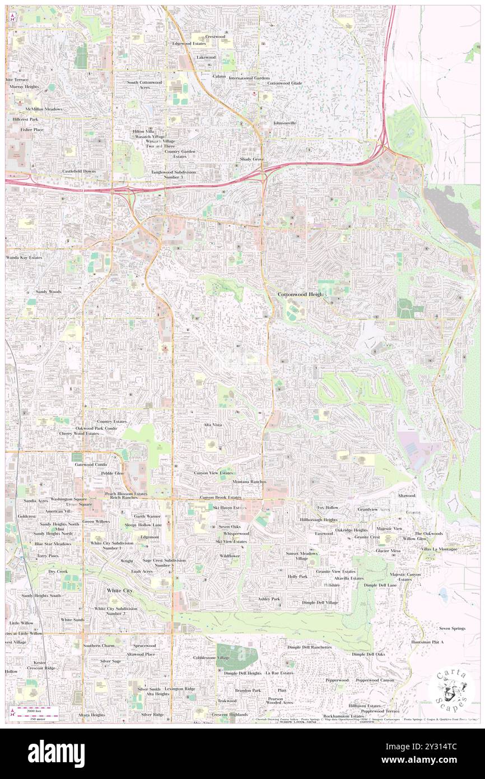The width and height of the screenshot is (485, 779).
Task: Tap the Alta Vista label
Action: tap(213, 425)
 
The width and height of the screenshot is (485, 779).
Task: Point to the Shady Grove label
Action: tap(251, 159)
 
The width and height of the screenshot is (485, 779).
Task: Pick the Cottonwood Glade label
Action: tap(285, 84)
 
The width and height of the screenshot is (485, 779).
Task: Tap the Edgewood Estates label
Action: tap(189, 43)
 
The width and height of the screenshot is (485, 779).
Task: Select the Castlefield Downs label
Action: tap(79, 171)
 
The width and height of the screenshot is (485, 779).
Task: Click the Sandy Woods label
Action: tap(49, 292)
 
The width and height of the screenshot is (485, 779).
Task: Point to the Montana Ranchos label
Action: tap(249, 482)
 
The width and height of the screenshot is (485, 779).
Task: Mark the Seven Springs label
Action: tap(452, 628)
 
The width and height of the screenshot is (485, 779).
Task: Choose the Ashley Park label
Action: tap(269, 599)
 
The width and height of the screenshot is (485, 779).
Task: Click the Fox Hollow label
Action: tap(328, 507)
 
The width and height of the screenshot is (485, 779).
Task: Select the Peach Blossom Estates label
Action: tap(126, 494)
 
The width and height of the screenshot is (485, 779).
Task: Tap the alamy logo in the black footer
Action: tap(56, 750)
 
